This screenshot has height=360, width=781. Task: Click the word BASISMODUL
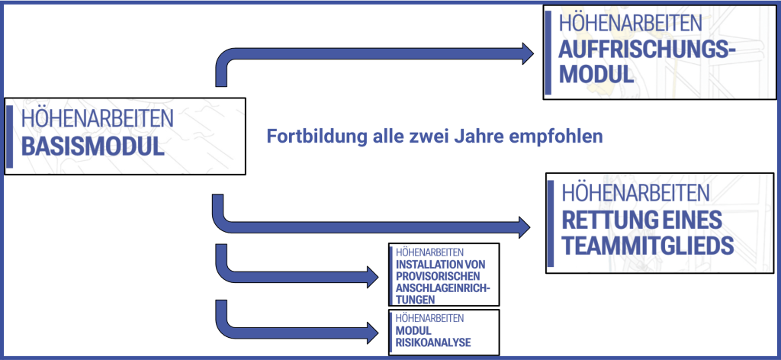pos(92,146)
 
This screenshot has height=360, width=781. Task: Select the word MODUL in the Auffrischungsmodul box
pos(596,74)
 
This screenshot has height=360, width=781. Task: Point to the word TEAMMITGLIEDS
pos(648,246)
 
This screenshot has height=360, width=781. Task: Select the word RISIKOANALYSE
pos(433,342)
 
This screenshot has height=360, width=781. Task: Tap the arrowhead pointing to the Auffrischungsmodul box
pos(528,53)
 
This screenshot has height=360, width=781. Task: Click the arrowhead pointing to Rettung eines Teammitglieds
pos(524,227)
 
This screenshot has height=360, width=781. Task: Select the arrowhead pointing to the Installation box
pos(372,277)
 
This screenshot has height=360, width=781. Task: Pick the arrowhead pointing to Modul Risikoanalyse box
pos(372,333)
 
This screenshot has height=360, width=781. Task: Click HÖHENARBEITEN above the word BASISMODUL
pos(97,119)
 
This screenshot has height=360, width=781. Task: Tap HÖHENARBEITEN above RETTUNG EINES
pos(635,192)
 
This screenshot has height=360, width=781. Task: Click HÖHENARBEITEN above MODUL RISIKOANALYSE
pos(430,318)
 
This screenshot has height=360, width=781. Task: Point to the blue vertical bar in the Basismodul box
pos(9,137)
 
